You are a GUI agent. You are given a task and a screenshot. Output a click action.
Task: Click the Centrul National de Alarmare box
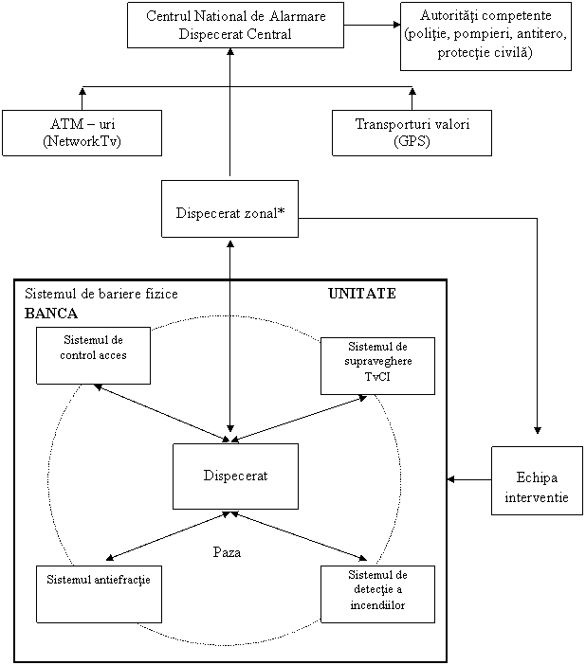pos(234,26)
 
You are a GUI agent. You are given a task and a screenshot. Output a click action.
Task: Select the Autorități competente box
pos(485,35)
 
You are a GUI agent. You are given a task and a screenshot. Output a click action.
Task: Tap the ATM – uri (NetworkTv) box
pos(82,133)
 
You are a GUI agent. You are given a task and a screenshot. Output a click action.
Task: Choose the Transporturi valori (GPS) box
pos(412,133)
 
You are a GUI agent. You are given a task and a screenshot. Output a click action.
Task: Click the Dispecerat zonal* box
pos(229,209)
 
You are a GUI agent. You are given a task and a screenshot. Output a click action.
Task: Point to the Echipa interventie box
pos(537,481)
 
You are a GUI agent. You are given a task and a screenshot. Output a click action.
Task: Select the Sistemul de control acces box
pos(93,355)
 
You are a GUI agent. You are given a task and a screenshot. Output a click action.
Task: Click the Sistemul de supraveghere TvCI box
pos(377,366)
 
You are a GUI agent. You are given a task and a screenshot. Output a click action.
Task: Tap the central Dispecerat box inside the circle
pos(235,476)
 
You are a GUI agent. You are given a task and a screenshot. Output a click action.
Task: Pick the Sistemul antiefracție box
pos(93,593)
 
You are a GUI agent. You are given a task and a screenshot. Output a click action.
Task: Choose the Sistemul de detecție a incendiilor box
pos(377,593)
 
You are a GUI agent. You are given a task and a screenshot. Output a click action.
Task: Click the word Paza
pos(228,552)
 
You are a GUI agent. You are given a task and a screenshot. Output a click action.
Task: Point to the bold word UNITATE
pos(362,294)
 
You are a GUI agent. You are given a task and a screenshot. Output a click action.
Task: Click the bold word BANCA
pos(50,313)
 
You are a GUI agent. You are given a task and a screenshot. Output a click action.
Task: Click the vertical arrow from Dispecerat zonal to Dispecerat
pos(229,360)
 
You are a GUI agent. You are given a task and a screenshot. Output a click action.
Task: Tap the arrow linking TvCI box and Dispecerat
pos(299,418)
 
